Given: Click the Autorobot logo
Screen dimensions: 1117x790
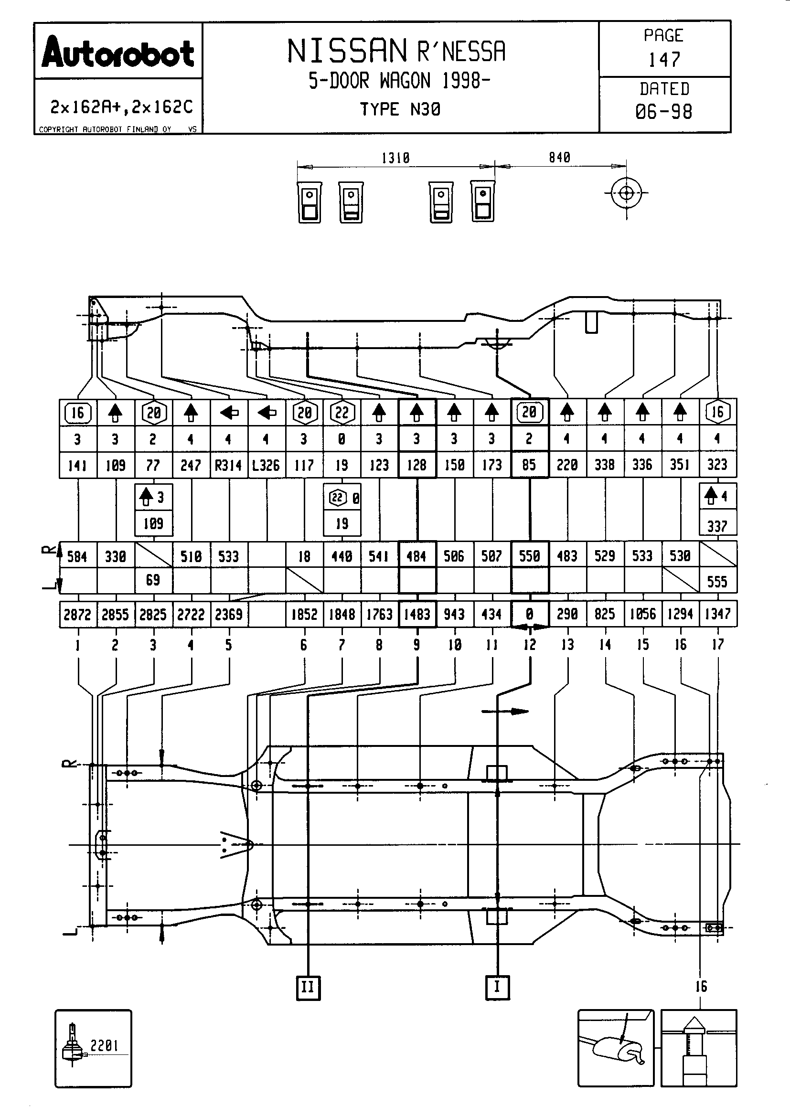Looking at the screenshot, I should (x=118, y=53).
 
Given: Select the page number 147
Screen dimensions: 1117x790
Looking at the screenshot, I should (x=664, y=60).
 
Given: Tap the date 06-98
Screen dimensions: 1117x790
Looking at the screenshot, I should (x=663, y=112).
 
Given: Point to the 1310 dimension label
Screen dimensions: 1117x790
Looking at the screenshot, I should (x=395, y=158).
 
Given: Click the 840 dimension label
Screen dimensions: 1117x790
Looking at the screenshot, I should (x=559, y=158).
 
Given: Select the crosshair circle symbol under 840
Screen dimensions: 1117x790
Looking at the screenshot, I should (x=626, y=193).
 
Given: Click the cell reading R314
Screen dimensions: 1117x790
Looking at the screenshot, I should (x=229, y=466).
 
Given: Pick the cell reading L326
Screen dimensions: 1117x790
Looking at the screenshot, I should (x=266, y=466).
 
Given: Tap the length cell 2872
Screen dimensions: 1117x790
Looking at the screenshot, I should (x=77, y=615).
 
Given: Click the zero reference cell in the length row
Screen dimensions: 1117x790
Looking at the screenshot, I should (x=530, y=615).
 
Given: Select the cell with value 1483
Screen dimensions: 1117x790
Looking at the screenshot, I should (x=417, y=615).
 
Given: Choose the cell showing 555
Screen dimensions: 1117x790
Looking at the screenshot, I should (x=717, y=581).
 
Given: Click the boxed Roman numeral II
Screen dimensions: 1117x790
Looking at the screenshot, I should (x=308, y=987).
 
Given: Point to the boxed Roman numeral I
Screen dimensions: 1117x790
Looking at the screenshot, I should (x=497, y=987).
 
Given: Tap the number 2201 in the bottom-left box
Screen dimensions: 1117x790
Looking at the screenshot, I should (x=104, y=1045).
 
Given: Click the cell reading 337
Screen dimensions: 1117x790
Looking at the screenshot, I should (x=717, y=526).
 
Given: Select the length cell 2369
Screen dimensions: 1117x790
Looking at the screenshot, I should (x=229, y=615).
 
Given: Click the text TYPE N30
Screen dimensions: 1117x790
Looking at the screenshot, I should (x=400, y=109).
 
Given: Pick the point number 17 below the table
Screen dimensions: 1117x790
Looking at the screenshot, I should (x=717, y=645).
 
